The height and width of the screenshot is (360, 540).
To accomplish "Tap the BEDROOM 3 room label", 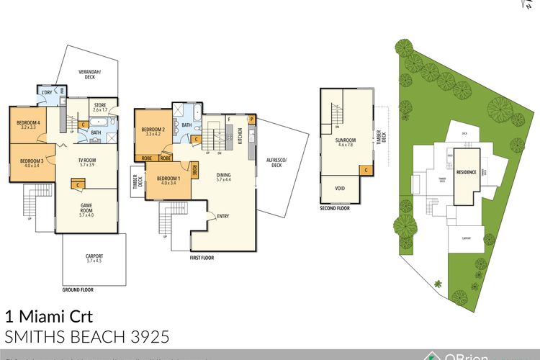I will (32, 163).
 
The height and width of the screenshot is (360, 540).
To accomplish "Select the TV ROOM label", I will (87, 162).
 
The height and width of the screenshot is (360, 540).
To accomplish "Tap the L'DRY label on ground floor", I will (47, 94).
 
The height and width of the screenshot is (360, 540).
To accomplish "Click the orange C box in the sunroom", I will (366, 170).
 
